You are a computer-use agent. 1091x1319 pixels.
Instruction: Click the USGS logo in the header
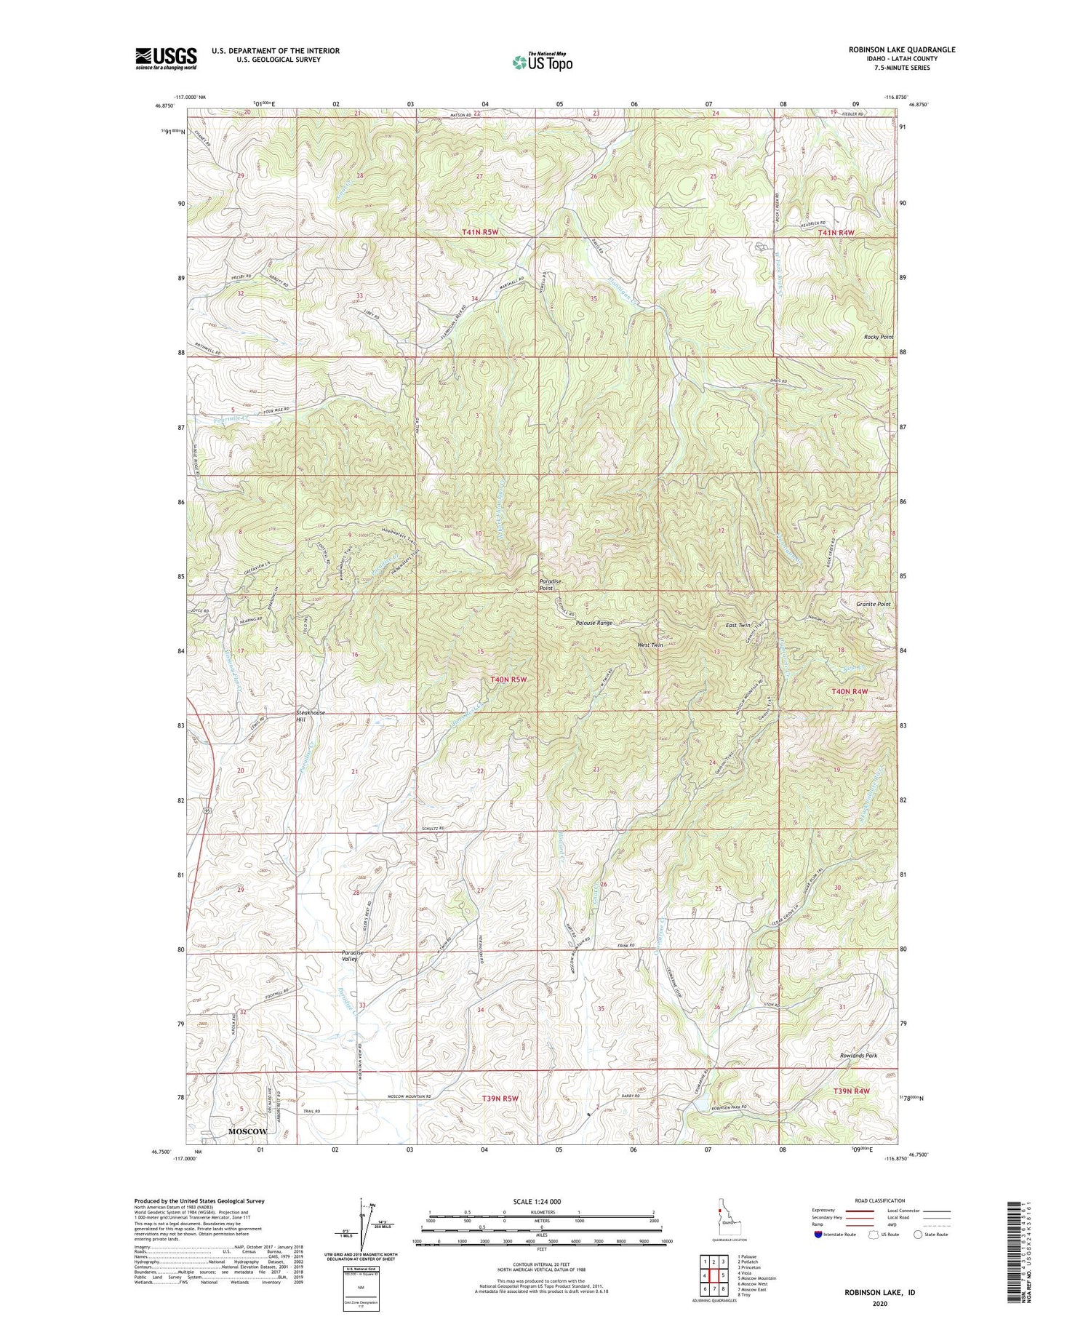click(x=166, y=58)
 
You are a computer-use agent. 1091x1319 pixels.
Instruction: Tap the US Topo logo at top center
click(x=542, y=63)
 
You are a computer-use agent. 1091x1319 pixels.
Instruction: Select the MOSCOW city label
click(x=247, y=1131)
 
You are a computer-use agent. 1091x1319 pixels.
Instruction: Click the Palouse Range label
click(x=594, y=623)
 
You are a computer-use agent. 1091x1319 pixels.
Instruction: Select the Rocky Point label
click(x=878, y=337)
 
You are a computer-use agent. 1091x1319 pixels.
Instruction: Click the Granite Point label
click(x=873, y=604)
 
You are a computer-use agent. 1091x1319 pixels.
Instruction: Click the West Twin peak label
click(x=650, y=645)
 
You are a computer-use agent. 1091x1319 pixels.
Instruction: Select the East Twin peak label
click(x=738, y=625)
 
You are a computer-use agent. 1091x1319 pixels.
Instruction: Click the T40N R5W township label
click(x=508, y=679)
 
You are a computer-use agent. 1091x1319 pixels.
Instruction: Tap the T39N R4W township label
click(x=851, y=1091)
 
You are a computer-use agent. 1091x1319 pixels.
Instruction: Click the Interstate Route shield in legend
click(x=818, y=1234)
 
